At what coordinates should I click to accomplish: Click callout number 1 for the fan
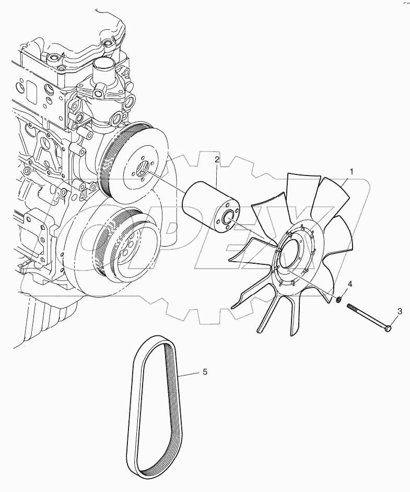[352, 171]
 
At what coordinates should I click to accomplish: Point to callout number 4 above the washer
[350, 284]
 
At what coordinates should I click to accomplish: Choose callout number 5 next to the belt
[205, 372]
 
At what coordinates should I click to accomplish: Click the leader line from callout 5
[188, 374]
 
